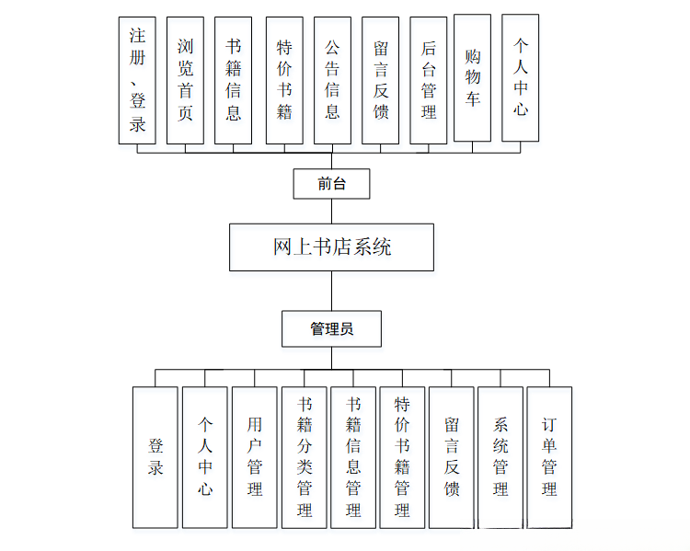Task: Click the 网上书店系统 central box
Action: [x=331, y=247]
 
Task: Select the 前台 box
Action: [x=331, y=183]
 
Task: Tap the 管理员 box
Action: [x=331, y=328]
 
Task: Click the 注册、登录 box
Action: [x=137, y=80]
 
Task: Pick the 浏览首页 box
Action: [x=185, y=80]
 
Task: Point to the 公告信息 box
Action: [x=331, y=80]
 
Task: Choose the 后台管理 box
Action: [x=428, y=80]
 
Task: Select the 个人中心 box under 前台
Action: [x=520, y=77]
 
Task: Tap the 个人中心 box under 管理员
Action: [x=204, y=457]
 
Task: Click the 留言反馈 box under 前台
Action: [x=380, y=80]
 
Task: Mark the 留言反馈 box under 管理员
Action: [x=451, y=457]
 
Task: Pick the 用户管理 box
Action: [x=254, y=457]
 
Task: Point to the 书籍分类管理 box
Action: [x=304, y=457]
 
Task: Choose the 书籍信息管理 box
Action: [x=353, y=457]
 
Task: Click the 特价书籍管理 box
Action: [x=402, y=457]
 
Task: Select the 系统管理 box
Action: [x=500, y=457]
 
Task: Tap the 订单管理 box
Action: [x=549, y=457]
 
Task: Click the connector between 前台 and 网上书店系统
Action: [x=331, y=211]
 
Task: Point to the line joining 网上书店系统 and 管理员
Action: [x=331, y=291]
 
